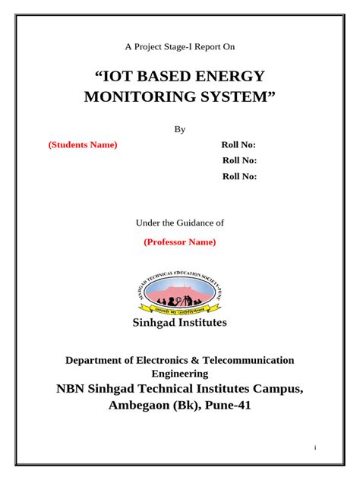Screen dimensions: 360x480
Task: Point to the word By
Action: click(180, 130)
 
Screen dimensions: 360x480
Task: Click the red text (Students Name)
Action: click(83, 145)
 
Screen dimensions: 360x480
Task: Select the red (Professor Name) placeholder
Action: click(180, 242)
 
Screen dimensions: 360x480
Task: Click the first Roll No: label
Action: click(238, 145)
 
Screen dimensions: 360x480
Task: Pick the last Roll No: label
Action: click(239, 176)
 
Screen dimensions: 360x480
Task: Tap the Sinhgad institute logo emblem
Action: click(180, 292)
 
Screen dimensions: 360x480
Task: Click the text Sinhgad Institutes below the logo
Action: click(180, 323)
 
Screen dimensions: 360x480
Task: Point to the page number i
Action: click(314, 447)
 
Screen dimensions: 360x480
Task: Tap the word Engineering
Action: click(180, 374)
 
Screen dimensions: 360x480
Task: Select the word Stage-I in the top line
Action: click(179, 46)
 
